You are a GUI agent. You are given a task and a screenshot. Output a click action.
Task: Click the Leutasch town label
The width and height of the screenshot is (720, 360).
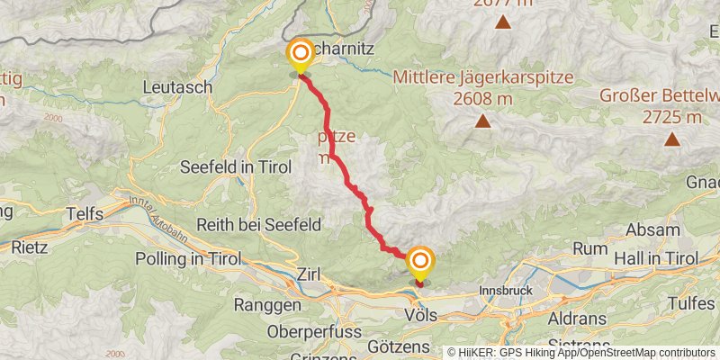click(x=177, y=87)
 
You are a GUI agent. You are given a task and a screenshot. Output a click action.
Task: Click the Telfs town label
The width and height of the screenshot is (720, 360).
click(x=85, y=214)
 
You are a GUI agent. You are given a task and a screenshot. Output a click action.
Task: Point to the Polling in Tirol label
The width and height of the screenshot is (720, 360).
click(x=187, y=258)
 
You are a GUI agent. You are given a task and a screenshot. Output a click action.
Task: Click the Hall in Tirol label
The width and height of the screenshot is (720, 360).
click(x=655, y=258)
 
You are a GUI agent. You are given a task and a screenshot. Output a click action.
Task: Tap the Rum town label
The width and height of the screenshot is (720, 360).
click(x=590, y=247)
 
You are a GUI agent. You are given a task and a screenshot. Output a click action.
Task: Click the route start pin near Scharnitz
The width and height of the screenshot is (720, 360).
click(x=299, y=56)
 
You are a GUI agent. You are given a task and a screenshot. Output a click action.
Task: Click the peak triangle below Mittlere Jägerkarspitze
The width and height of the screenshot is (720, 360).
click(x=483, y=121)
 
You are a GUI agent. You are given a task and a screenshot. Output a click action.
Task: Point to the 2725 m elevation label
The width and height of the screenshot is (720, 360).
click(x=671, y=117)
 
